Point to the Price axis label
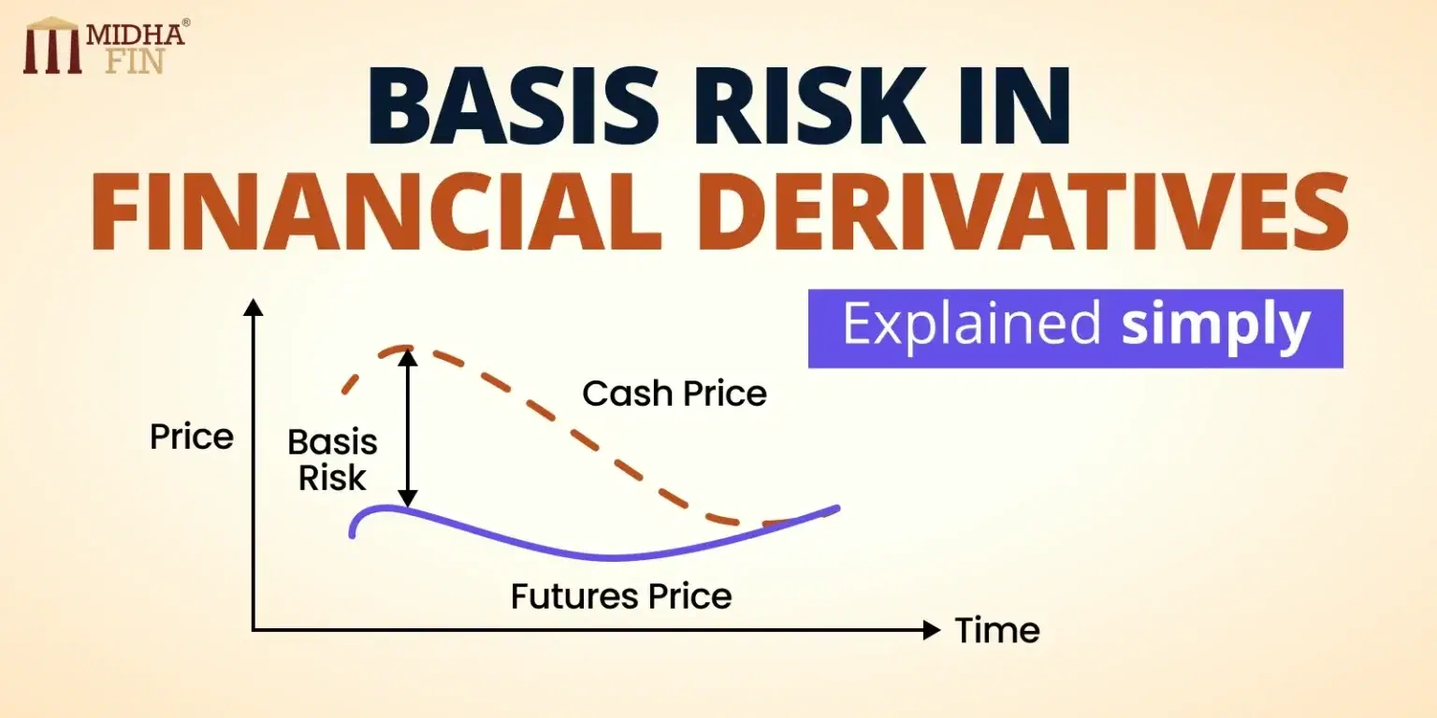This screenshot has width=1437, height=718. (192, 438)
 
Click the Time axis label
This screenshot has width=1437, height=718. (997, 631)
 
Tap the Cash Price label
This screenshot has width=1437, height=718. (675, 394)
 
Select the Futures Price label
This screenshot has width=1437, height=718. (621, 596)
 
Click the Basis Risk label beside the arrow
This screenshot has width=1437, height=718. (332, 460)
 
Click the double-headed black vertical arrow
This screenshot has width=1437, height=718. (406, 425)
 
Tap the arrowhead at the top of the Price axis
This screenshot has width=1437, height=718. (253, 306)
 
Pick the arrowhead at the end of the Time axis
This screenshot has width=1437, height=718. (931, 630)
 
